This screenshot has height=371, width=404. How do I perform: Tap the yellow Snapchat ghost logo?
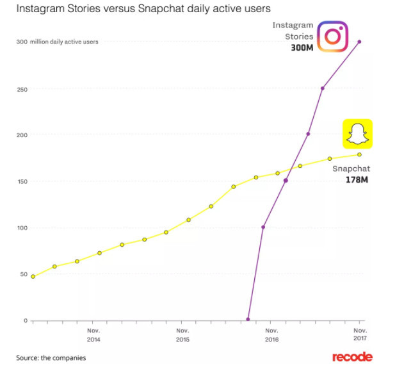357,134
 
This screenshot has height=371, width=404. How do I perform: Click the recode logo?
352,357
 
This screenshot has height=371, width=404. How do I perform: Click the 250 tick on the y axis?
20,88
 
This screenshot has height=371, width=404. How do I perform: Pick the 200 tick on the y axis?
20,135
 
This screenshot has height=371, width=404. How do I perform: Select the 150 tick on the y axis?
20,181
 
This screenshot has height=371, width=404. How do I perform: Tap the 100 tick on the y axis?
20,227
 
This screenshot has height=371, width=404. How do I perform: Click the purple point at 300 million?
359,42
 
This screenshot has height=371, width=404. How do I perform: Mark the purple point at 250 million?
322,88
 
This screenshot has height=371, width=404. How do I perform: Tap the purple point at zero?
248,319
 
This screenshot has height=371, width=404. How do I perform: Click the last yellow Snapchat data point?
359,154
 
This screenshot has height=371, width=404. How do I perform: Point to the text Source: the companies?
51,358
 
